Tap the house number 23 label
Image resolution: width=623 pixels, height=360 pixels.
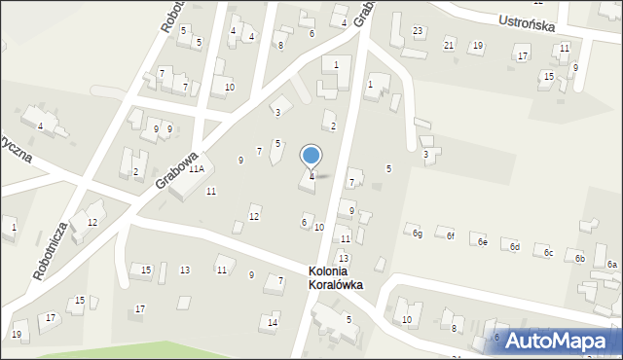[x=417, y=31]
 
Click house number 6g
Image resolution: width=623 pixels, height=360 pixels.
[x=417, y=233]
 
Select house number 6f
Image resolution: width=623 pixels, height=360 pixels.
[x=450, y=236]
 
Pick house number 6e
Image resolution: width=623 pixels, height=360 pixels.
[x=482, y=242]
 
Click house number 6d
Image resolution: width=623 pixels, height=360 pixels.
[x=515, y=247]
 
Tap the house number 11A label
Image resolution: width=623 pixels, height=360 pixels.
[x=196, y=168]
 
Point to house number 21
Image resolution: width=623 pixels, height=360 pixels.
[x=449, y=45]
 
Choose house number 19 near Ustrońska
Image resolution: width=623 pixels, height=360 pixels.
[x=477, y=45]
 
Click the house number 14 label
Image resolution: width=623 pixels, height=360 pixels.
[x=274, y=322]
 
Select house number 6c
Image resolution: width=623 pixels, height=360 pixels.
[x=548, y=253]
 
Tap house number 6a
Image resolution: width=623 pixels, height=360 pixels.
[x=611, y=265]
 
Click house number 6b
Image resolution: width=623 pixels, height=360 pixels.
[x=580, y=258]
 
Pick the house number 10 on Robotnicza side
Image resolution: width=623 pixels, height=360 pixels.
[x=229, y=88]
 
